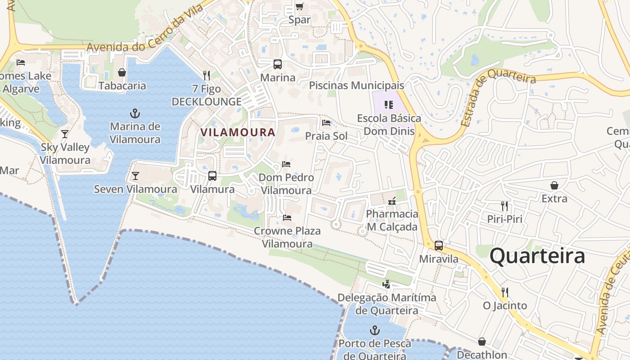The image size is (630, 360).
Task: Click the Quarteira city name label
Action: click(x=537, y=256)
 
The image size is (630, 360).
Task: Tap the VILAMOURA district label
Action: click(x=238, y=132)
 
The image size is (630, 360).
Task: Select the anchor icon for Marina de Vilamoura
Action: click(x=135, y=113)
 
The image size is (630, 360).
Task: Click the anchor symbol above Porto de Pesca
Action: click(x=374, y=331)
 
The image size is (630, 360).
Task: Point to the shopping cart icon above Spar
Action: click(x=299, y=6)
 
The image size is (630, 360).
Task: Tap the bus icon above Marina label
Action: click(x=278, y=64)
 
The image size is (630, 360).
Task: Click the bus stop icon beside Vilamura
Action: click(x=212, y=176)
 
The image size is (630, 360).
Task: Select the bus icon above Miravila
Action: click(x=439, y=246)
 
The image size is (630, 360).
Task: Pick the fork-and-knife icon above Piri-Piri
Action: click(x=504, y=206)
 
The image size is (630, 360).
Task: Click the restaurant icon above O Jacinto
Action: click(x=504, y=292)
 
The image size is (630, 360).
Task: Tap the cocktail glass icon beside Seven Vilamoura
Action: click(x=135, y=176)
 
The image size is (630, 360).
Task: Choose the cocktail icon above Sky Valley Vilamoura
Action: click(x=65, y=134)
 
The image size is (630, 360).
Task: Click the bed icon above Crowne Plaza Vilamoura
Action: click(x=287, y=218)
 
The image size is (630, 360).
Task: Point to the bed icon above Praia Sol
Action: click(x=326, y=123)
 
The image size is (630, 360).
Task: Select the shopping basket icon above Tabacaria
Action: click(x=122, y=72)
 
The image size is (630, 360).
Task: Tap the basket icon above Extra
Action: click(x=554, y=185)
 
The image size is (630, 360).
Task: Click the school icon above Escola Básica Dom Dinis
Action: click(x=389, y=105)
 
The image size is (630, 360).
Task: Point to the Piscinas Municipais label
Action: click(x=356, y=85)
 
